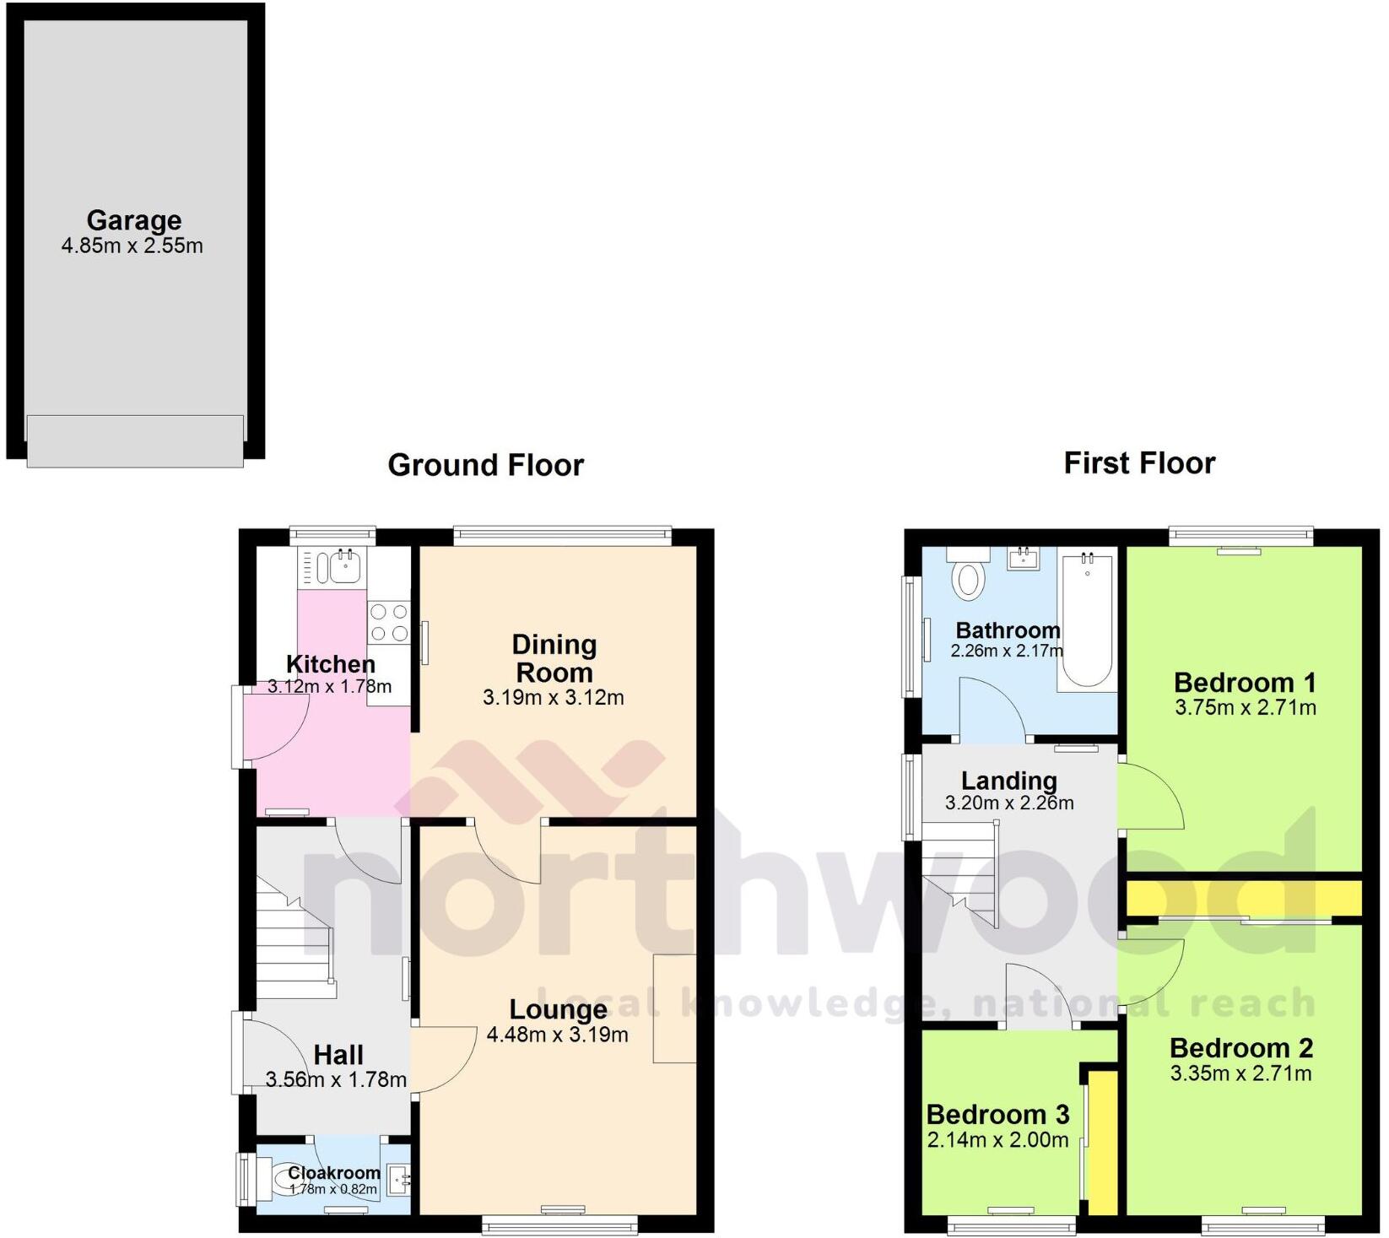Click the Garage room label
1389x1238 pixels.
tap(133, 220)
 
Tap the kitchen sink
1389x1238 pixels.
tap(344, 566)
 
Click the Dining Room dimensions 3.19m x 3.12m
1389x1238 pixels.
tap(553, 698)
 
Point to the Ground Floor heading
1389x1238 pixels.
tap(485, 465)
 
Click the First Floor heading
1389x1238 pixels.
tap(1138, 463)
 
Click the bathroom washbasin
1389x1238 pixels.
tap(1024, 558)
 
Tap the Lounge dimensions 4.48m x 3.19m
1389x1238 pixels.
tap(557, 1035)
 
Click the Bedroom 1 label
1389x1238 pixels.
tap(1244, 682)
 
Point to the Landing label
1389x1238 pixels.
tap(1008, 781)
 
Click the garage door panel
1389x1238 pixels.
tap(135, 441)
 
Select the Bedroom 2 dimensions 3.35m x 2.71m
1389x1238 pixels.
tap(1240, 1073)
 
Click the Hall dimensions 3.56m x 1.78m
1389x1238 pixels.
tap(336, 1079)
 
